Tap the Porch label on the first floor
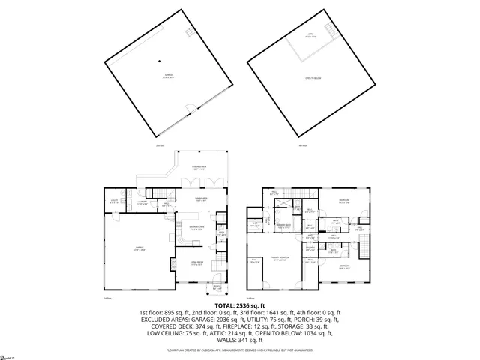pyautogui.click(x=217, y=286)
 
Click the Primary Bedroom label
pyautogui.click(x=280, y=257)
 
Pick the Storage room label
pyautogui.click(x=310, y=247)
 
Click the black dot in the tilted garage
pyautogui.click(x=159, y=60)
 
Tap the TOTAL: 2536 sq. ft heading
pyautogui.click(x=239, y=306)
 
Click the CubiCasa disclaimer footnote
pyautogui.click(x=240, y=349)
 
